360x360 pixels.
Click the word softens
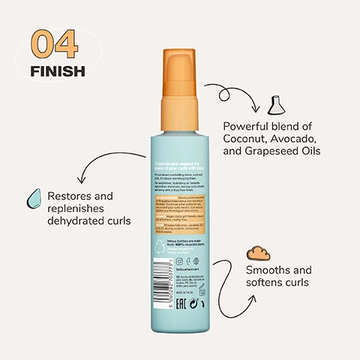265,283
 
